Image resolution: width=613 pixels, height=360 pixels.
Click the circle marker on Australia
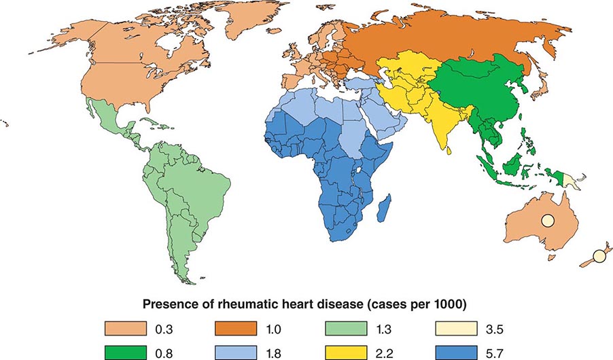tap(548, 219)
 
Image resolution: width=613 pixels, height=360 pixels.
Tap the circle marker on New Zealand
tap(598, 256)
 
